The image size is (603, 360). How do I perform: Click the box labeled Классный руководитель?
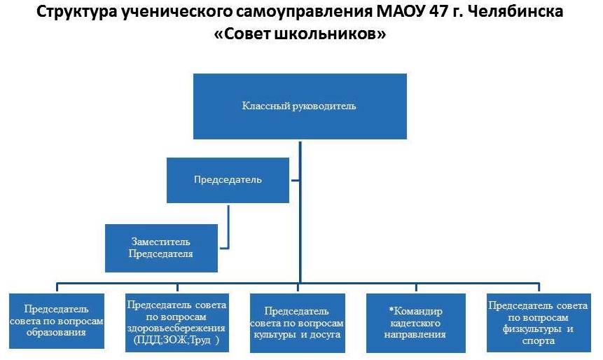point(300,106)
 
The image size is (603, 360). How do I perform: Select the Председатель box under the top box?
point(228,180)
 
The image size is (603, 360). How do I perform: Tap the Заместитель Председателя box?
point(161,248)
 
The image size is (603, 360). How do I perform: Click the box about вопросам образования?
point(57,321)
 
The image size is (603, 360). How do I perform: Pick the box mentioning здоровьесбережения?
point(177,323)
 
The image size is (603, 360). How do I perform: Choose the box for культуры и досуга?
point(297,323)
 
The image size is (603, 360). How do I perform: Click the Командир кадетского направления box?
point(416,323)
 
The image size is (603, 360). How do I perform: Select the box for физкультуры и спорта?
point(539,323)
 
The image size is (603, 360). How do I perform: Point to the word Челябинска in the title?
point(516,11)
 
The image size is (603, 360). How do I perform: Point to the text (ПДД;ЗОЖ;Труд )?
point(176,340)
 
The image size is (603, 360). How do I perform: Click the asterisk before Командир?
point(391,310)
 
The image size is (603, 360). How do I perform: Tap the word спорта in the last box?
point(539,341)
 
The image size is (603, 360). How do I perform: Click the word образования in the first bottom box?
point(56,332)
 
